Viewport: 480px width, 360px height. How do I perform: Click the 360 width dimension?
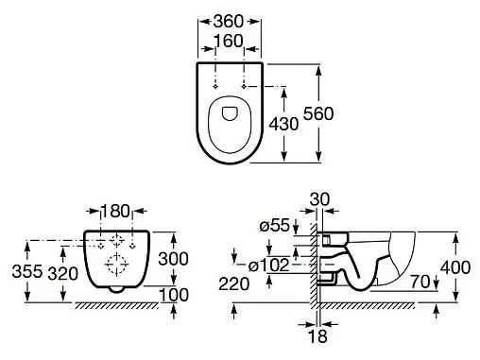click(x=229, y=22)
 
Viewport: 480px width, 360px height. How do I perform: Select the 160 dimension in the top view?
click(x=229, y=41)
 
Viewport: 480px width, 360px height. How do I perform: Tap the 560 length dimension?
click(x=318, y=113)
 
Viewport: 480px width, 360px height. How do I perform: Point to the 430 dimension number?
click(x=283, y=124)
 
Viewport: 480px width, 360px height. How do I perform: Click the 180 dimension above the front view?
click(x=115, y=211)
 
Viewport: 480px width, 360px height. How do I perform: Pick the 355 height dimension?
click(x=27, y=271)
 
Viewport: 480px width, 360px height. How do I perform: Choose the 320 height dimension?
click(x=62, y=273)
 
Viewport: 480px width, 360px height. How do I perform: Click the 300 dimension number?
click(x=173, y=259)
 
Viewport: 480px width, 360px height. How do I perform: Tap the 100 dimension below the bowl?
click(x=174, y=295)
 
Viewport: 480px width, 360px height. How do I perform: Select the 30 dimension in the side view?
click(x=319, y=199)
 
